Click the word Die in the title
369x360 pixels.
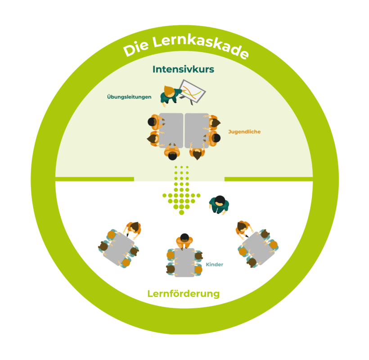[135, 49]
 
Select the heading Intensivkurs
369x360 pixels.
[183, 69]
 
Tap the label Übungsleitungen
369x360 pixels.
[129, 96]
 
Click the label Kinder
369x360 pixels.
[214, 265]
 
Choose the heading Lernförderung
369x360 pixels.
[184, 294]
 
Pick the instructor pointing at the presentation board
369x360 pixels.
[169, 94]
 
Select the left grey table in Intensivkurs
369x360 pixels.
[171, 130]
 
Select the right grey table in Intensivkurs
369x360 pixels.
[197, 130]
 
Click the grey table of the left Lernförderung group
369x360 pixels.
[118, 249]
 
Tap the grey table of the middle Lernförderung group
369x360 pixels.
[184, 262]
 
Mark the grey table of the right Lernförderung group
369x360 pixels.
[258, 248]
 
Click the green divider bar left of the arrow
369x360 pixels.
[94, 179]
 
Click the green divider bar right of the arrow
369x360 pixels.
[269, 179]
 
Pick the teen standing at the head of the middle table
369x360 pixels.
[184, 240]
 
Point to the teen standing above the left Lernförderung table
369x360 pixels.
[133, 228]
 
